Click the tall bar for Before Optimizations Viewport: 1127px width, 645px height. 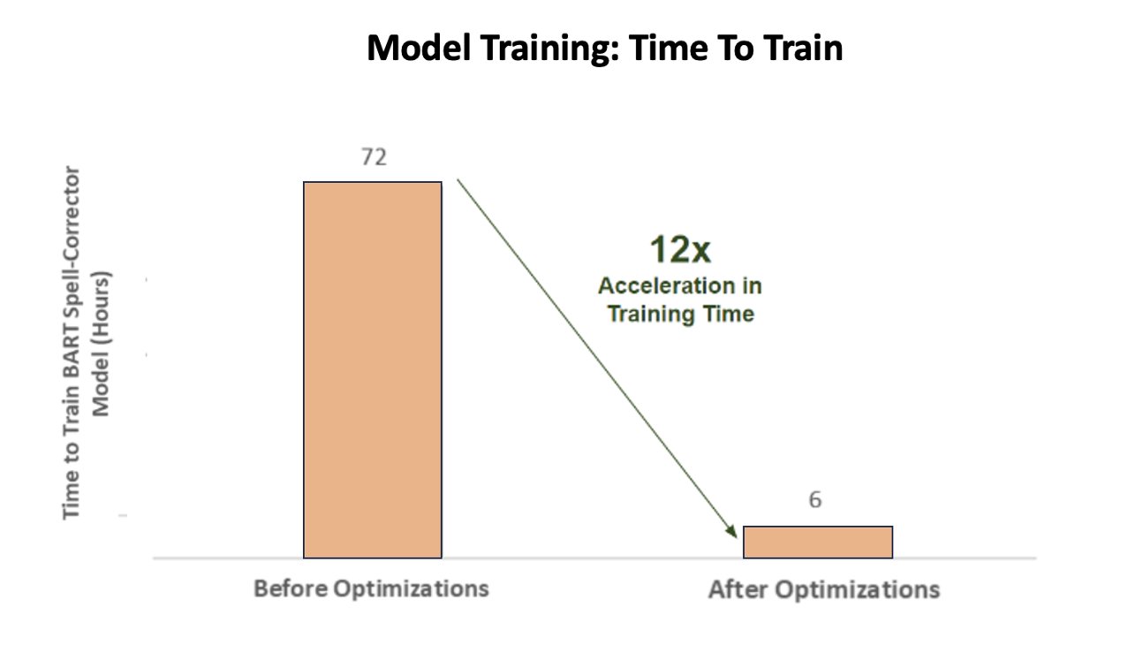[x=373, y=370]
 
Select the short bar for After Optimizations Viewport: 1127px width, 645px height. [x=818, y=542]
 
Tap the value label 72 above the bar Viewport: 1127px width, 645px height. [x=374, y=157]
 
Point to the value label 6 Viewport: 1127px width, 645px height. [x=815, y=499]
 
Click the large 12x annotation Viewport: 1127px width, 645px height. [x=680, y=249]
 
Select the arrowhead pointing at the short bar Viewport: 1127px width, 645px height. [x=730, y=531]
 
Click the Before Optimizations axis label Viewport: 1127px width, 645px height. [x=371, y=588]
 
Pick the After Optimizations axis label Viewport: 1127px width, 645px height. [x=824, y=589]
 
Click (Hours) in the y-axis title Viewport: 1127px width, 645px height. [x=101, y=307]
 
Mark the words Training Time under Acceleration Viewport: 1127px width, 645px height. [x=681, y=314]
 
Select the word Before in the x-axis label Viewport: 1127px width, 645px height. [x=291, y=588]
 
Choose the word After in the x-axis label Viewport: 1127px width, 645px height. [x=738, y=589]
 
